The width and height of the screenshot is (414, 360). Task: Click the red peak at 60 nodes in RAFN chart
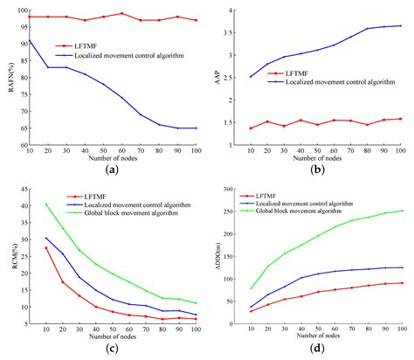[122, 13]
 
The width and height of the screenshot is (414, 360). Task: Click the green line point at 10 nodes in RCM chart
[46, 204]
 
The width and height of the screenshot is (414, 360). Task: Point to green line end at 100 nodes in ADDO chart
[401, 210]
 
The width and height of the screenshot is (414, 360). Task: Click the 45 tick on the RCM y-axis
[21, 188]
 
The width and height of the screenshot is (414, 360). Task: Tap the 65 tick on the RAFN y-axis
[21, 128]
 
